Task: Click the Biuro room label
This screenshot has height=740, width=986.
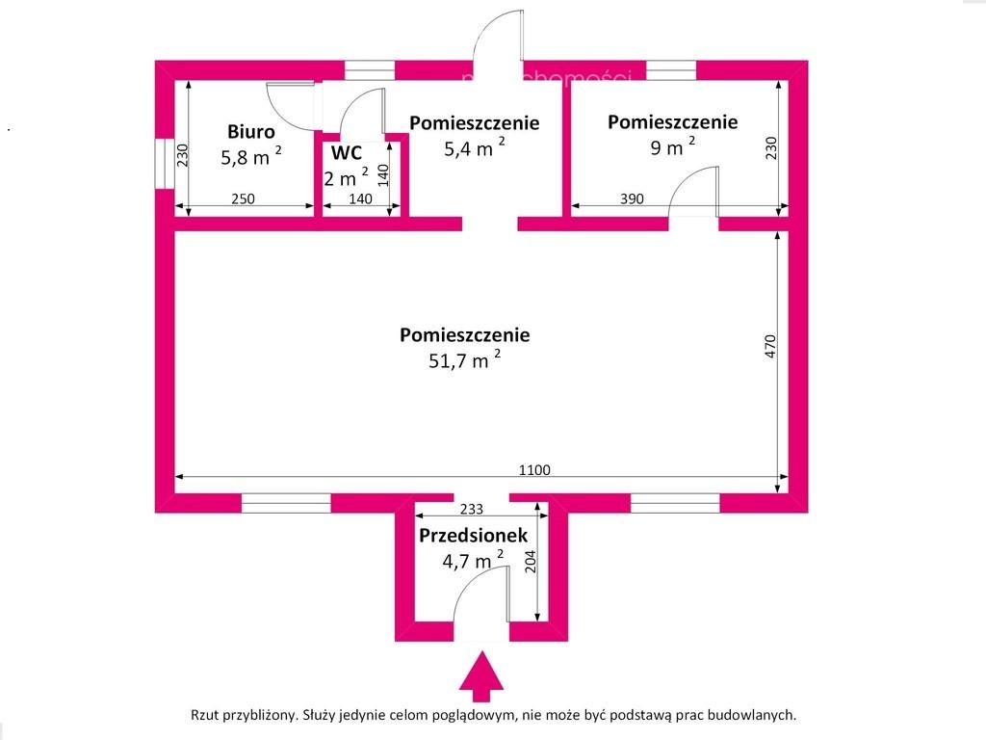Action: pos(251,131)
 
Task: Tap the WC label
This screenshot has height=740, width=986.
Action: pos(347,153)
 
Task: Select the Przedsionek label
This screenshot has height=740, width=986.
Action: pos(474,536)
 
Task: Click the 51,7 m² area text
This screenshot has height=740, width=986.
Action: pos(465,359)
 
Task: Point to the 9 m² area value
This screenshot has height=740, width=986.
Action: pos(673,146)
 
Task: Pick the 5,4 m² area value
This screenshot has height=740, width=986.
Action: pos(475,147)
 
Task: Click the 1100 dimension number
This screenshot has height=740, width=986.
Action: pos(534,470)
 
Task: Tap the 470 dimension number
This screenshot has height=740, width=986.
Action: pos(771,347)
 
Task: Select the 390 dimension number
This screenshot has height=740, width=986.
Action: pos(632,198)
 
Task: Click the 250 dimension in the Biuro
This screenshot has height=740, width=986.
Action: pos(244,198)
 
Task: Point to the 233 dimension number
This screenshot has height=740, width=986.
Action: pos(472,509)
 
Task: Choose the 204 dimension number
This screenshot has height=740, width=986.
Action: pos(531,562)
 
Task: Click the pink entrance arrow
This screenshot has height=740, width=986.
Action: pos(481,677)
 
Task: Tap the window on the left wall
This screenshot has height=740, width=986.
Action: pos(165,163)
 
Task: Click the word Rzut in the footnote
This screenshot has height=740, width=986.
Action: pos(204,715)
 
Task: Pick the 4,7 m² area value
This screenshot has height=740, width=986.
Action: pos(473,560)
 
